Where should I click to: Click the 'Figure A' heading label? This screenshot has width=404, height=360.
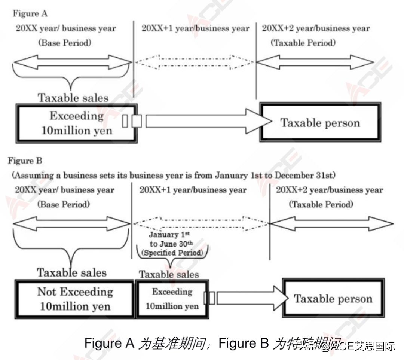(30, 14)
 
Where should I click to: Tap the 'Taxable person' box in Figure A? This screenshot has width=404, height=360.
(320, 123)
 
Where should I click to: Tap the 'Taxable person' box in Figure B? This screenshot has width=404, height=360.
(333, 299)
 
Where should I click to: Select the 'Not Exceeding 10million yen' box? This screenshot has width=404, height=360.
(75, 299)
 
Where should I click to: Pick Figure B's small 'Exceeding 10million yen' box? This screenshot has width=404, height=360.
(172, 299)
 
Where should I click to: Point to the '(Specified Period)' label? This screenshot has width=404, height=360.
(172, 253)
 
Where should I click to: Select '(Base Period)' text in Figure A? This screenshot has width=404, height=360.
(64, 43)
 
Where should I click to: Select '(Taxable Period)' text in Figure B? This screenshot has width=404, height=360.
(321, 205)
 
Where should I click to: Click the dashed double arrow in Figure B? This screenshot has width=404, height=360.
(201, 223)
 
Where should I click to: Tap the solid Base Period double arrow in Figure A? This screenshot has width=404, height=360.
(73, 62)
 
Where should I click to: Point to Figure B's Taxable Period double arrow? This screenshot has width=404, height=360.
(331, 224)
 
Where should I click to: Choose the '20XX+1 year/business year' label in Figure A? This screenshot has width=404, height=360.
(195, 28)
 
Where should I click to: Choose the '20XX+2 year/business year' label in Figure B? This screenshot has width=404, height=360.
(329, 190)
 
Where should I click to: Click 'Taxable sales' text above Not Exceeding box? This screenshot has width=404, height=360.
(71, 272)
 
